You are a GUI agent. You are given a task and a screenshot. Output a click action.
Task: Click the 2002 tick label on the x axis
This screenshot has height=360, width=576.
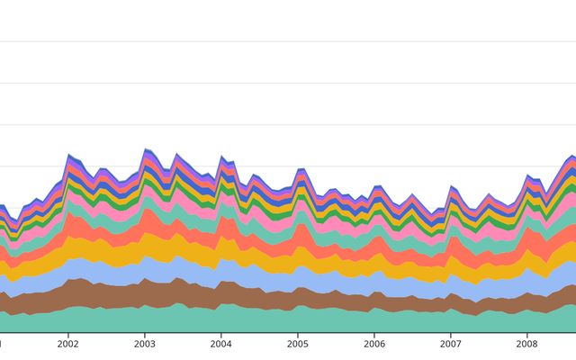[68, 344]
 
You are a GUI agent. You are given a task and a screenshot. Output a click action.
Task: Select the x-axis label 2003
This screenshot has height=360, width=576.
[145, 344]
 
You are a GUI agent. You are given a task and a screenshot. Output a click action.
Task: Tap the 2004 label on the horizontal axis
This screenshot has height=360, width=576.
[221, 344]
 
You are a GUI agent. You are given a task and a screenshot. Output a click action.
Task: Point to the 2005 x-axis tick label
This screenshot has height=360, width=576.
[298, 344]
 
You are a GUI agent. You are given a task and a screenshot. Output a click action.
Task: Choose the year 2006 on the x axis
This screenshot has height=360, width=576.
[374, 344]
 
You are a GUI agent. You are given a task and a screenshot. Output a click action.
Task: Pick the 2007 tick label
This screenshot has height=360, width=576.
[451, 344]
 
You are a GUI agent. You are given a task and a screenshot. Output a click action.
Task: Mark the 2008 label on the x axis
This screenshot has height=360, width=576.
[527, 344]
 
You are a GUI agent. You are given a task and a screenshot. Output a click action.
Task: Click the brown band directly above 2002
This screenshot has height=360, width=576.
[68, 292]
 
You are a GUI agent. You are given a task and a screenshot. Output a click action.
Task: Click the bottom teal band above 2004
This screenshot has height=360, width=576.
[221, 319]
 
